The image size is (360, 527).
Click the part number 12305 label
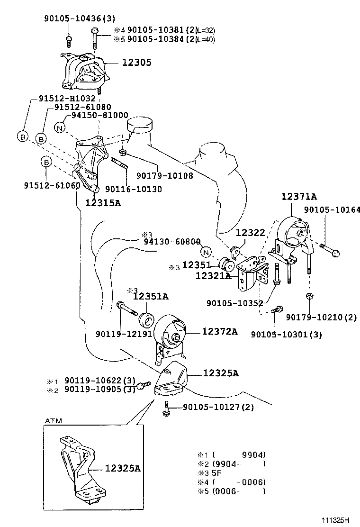coord(137,63)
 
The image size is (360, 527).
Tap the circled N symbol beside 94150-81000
coord(59,127)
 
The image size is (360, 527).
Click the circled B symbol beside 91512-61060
coord(46,162)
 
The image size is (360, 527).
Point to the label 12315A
coord(103,203)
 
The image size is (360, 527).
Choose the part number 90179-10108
coord(164,175)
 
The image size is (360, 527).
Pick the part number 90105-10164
coord(332,209)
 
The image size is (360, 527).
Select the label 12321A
coord(214,275)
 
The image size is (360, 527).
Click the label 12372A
coord(220,331)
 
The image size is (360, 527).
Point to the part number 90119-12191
coord(123,334)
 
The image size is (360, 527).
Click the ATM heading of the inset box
coord(53,420)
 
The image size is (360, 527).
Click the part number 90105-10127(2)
coord(218,407)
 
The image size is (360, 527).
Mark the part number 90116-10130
coord(134,189)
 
